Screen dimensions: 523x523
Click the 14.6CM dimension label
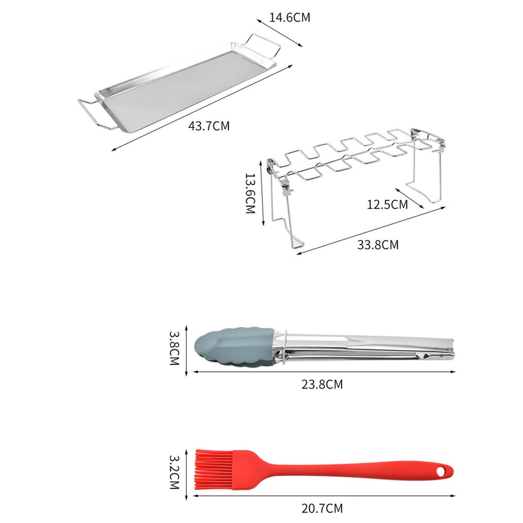click(289, 18)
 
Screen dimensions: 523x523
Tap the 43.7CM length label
click(209, 126)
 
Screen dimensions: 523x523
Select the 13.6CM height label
click(250, 193)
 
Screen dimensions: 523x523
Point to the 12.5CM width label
click(387, 205)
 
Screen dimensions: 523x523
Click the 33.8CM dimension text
click(378, 245)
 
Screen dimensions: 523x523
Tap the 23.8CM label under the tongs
click(322, 384)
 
